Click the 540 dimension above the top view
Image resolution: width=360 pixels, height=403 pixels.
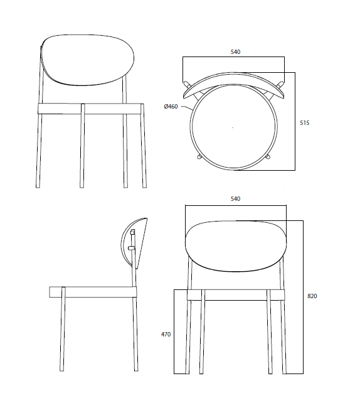coord(235,51)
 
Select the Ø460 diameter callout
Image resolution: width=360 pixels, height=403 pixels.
coord(171,107)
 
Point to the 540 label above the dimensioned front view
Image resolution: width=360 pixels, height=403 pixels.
coord(235,199)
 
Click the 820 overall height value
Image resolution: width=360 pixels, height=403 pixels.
coord(312,296)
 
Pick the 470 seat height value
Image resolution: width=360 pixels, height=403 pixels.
coord(166,335)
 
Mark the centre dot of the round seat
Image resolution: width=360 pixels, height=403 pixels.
coord(233,127)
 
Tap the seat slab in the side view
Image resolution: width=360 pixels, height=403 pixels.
coord(93,292)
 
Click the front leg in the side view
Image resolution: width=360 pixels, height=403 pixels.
coord(63,333)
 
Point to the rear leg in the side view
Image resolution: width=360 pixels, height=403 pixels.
coord(135,333)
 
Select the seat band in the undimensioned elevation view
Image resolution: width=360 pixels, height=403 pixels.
coord(91,108)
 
